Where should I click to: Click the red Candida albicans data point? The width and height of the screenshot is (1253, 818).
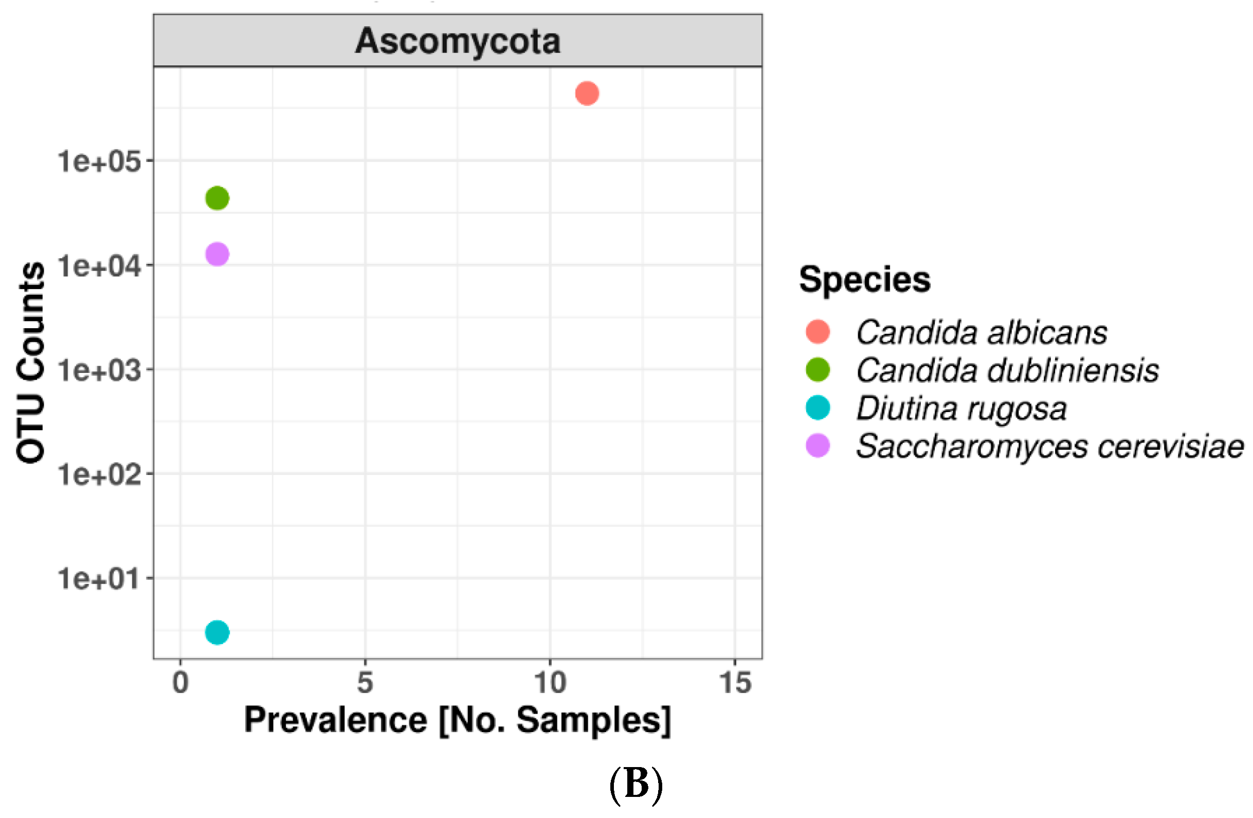pyautogui.click(x=587, y=94)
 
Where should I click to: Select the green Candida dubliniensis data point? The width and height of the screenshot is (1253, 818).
pyautogui.click(x=217, y=198)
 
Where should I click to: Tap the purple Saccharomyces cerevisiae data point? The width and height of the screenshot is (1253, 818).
pyautogui.click(x=217, y=255)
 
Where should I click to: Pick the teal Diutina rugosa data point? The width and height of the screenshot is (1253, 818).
pyautogui.click(x=217, y=632)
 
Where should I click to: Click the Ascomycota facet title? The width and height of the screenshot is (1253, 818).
pyautogui.click(x=458, y=41)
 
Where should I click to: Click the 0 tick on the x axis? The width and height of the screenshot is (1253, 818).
pyautogui.click(x=180, y=683)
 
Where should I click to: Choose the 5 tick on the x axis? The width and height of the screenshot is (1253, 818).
pyautogui.click(x=365, y=683)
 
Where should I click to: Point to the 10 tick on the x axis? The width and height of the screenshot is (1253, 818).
pyautogui.click(x=550, y=683)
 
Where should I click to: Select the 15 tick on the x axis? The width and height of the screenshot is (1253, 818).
pyautogui.click(x=735, y=683)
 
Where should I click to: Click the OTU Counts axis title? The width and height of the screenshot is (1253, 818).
pyautogui.click(x=30, y=362)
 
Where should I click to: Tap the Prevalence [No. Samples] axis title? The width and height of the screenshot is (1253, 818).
pyautogui.click(x=458, y=720)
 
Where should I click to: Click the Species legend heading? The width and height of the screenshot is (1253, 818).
pyautogui.click(x=864, y=279)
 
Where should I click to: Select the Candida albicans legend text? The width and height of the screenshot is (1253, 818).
pyautogui.click(x=982, y=332)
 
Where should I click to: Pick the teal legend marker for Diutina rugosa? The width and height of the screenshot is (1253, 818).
pyautogui.click(x=818, y=407)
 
